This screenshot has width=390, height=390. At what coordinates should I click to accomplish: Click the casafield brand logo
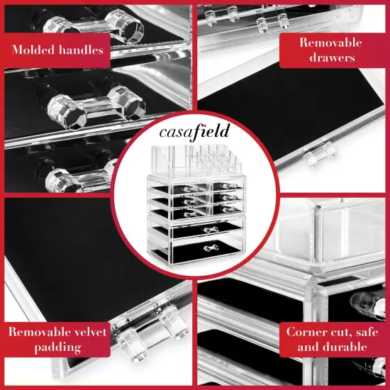[x=194, y=132]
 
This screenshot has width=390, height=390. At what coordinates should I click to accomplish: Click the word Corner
[x=307, y=332]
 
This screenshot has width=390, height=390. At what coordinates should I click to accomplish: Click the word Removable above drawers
[x=330, y=43]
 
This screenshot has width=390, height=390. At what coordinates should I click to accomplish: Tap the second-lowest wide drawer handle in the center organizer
[x=208, y=230]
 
